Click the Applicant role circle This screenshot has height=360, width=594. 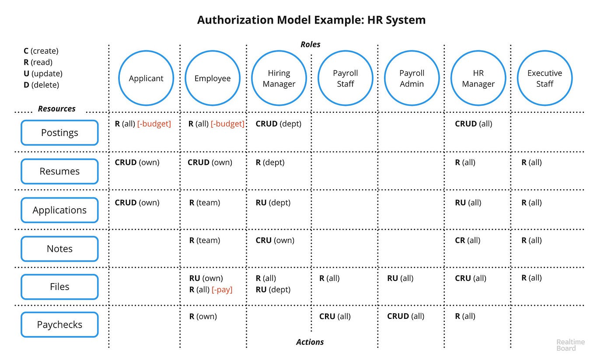click(x=146, y=78)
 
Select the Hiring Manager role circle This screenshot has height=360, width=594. click(x=279, y=78)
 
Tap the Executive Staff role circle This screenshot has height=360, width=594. click(x=545, y=78)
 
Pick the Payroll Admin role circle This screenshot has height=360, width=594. click(x=412, y=78)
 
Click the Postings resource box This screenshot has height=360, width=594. click(x=59, y=133)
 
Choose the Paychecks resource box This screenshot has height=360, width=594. click(x=59, y=325)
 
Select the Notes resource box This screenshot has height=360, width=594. click(x=59, y=248)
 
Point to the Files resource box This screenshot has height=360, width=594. click(x=59, y=287)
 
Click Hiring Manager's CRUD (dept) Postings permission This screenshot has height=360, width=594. click(x=279, y=124)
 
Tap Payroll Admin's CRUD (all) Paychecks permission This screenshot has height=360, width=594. click(x=405, y=316)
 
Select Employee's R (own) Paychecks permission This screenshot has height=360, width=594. click(x=203, y=316)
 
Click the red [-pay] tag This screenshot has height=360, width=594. click(x=222, y=290)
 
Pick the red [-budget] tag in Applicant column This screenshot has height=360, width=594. click(x=154, y=124)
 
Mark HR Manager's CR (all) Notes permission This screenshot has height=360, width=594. click(x=468, y=240)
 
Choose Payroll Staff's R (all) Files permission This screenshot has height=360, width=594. click(x=329, y=278)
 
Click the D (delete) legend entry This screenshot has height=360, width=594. click(x=41, y=85)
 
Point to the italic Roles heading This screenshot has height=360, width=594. click(x=311, y=44)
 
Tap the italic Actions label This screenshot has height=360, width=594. click(x=310, y=342)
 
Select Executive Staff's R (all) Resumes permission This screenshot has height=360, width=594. click(x=531, y=162)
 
